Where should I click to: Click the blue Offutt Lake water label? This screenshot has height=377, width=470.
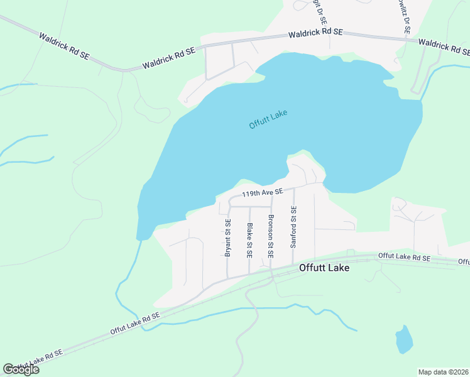[268, 119]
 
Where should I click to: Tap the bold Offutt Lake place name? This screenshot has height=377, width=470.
[324, 267]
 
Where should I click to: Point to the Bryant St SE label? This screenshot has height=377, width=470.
[228, 238]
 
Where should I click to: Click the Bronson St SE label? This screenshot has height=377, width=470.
[271, 237]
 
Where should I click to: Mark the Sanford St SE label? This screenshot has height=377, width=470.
[293, 226]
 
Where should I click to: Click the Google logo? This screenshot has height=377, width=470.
[21, 369]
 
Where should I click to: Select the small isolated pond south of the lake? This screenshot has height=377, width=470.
[404, 340]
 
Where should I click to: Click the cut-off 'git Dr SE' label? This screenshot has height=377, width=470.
[320, 11]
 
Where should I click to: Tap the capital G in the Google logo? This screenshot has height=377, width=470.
[8, 369]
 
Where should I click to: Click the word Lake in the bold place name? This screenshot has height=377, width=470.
[338, 267]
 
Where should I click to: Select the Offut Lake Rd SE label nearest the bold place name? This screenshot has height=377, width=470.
[404, 257]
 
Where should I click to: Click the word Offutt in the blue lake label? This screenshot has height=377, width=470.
[260, 122]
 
